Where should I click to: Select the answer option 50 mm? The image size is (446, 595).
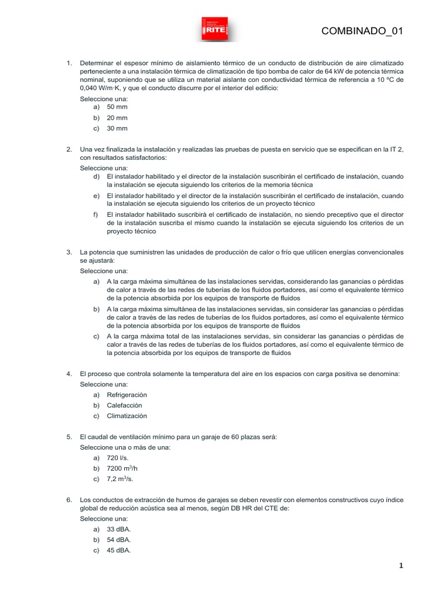click(x=117, y=107)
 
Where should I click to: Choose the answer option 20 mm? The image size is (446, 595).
click(x=117, y=118)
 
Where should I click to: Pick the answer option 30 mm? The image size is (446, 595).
click(x=117, y=128)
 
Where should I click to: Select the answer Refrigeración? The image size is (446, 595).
click(x=127, y=395)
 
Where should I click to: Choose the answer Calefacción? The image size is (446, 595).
click(x=124, y=405)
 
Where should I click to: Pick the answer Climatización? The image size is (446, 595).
click(x=127, y=415)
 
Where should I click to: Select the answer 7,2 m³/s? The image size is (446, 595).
click(x=120, y=479)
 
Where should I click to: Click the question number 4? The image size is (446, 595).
click(x=69, y=374)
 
